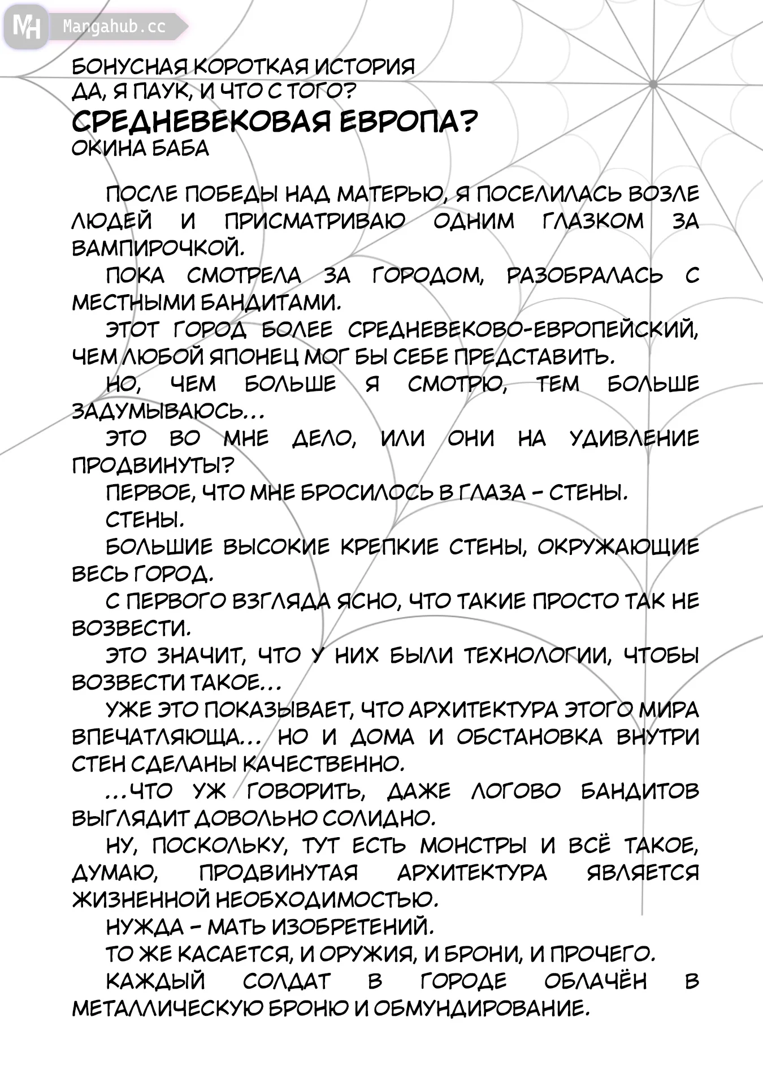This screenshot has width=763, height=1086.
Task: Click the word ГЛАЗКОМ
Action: [593, 221]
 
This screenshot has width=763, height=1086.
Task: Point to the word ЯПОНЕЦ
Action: [254, 357]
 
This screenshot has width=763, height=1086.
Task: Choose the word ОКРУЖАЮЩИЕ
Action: [618, 547]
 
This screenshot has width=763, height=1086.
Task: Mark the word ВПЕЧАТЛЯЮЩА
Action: [157, 737]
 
